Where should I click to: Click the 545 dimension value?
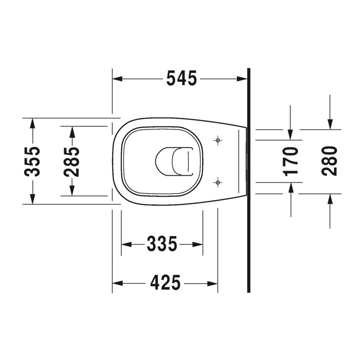point(181,79)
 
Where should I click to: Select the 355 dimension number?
point(32,161)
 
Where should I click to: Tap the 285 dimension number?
point(72,161)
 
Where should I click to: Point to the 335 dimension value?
point(162,244)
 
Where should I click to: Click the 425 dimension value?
point(165,283)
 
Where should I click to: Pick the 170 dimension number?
point(291,161)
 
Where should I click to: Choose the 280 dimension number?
point(330,161)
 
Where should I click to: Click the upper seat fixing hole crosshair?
point(218,140)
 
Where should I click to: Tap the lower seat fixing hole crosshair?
point(218,183)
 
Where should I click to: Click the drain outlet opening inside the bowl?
point(172,161)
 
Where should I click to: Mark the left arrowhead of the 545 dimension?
point(117,79)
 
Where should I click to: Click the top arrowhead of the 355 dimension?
point(32,123)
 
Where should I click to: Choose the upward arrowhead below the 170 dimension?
point(291,188)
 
